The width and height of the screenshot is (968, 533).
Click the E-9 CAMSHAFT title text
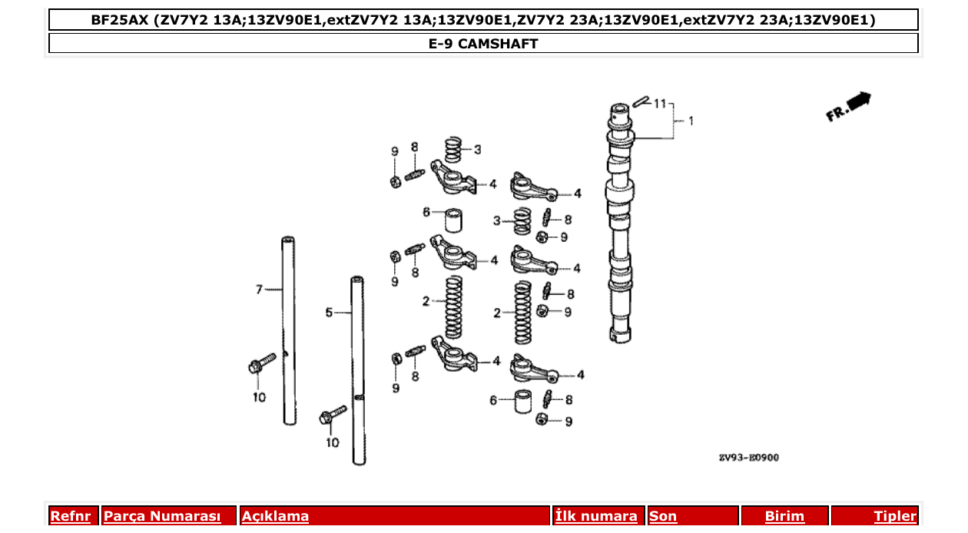point(483,44)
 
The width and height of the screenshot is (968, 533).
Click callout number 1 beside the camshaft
point(690,121)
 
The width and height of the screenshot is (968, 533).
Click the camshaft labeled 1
point(621,223)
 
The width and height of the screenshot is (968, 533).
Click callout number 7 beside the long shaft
point(259,290)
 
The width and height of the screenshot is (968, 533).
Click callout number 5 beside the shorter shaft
point(329,313)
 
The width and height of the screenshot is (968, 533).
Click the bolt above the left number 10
point(262,363)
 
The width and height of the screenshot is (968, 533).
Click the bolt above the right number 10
point(332,415)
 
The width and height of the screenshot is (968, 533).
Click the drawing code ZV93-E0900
point(748,459)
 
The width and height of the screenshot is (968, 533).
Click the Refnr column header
point(71,516)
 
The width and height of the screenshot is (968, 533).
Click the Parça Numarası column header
point(162,516)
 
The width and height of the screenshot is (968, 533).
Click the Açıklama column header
point(275,516)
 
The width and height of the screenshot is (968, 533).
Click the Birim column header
point(784,516)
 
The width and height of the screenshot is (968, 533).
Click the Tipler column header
point(894,516)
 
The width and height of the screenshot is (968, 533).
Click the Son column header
point(663,516)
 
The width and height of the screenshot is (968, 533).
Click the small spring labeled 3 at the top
point(454,149)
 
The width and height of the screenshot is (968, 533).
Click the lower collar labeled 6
point(523,401)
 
